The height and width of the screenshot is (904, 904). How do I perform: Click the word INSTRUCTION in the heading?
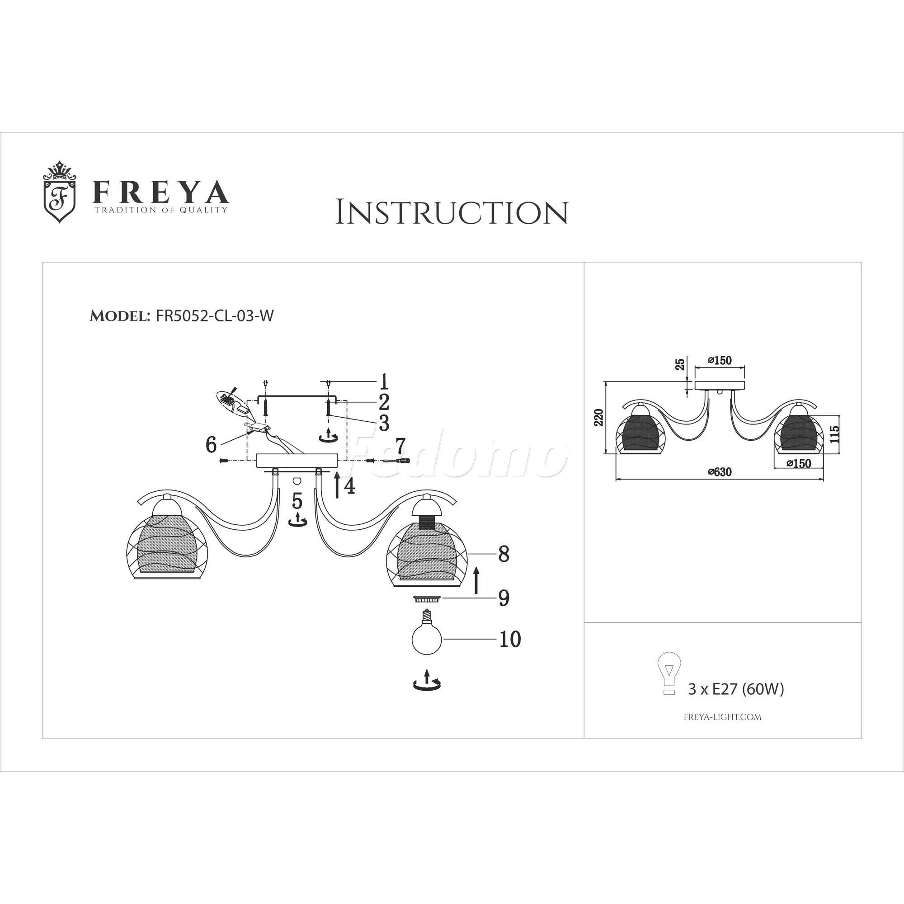pos(452,213)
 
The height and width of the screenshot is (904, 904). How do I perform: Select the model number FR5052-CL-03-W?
pos(214,316)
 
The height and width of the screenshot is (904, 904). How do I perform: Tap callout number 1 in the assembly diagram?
pos(384,382)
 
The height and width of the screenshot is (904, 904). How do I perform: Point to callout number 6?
pos(211,444)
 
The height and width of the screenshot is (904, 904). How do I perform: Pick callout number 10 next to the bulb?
pos(509,639)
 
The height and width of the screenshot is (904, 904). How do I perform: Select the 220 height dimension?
pos(598,417)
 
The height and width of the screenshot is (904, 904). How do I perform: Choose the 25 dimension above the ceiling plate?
pos(680,363)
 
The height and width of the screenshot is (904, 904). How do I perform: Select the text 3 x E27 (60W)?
pos(735,689)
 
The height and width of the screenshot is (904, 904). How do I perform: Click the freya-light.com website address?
pos(722,717)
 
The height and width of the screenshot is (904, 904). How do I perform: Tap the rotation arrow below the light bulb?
pos(427,681)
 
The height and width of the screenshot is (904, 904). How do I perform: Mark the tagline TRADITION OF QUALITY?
pos(161,210)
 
